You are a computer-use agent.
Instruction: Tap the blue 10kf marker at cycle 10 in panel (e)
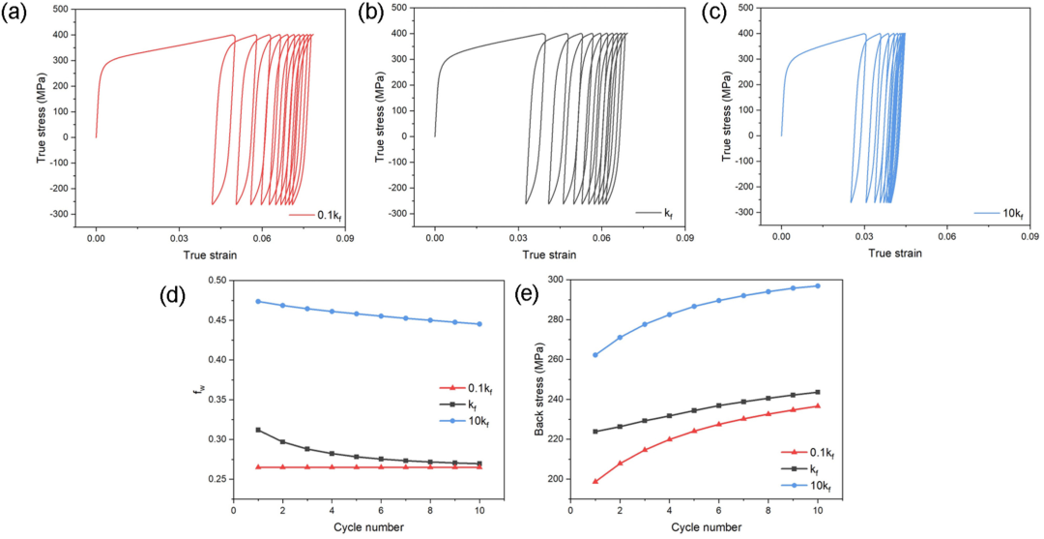818,285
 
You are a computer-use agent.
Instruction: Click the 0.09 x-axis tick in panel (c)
1030,235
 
